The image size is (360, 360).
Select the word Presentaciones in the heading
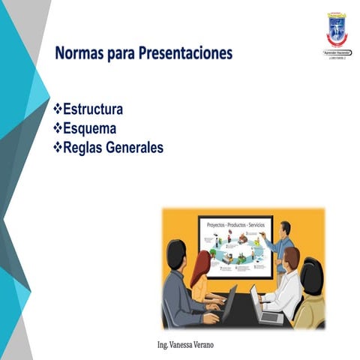[x=182, y=54]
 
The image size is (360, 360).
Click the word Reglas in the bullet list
[x=83, y=148]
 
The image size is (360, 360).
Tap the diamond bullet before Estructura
[x=58, y=109]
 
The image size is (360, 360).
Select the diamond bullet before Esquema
[x=58, y=128]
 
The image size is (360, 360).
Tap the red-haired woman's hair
[x=200, y=266]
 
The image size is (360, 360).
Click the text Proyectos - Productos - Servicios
[x=236, y=223]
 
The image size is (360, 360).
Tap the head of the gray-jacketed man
[x=175, y=255]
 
